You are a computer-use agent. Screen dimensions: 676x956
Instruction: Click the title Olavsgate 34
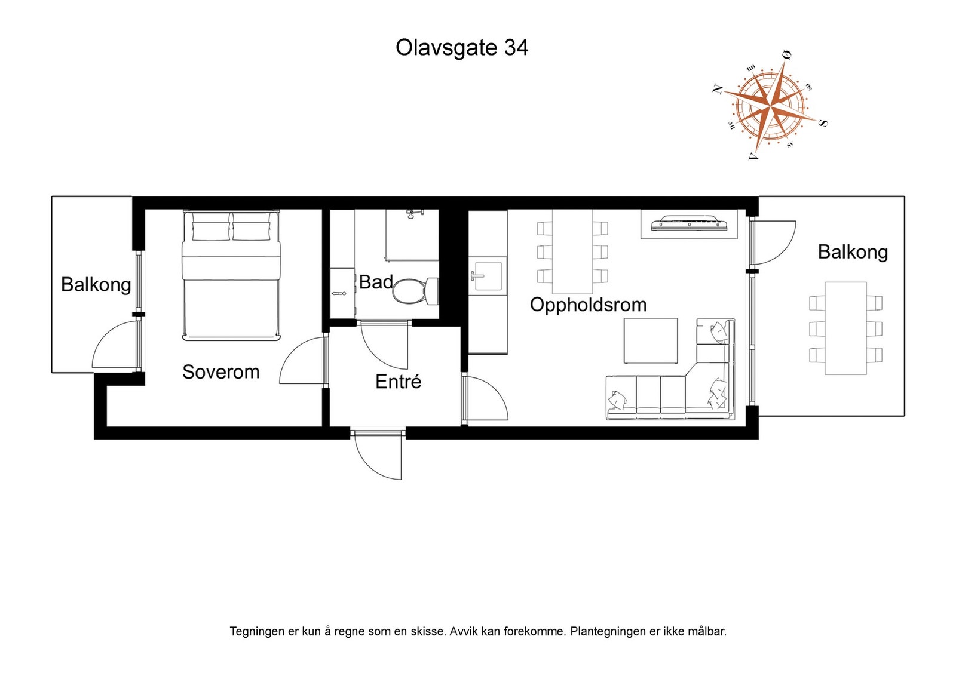[461, 48]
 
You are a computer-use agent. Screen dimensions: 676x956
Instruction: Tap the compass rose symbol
[770, 106]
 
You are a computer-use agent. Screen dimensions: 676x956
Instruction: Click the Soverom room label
[220, 372]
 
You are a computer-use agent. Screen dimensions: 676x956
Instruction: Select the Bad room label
[376, 282]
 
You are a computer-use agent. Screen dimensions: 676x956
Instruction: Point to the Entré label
[398, 382]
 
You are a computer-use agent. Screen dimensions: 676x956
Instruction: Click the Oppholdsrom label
[588, 305]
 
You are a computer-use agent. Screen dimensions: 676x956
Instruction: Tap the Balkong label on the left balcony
[96, 284]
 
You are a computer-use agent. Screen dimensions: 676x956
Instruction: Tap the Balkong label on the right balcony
[853, 252]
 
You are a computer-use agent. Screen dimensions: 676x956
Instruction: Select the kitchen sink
[487, 276]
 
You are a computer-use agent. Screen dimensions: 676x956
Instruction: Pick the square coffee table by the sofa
[651, 341]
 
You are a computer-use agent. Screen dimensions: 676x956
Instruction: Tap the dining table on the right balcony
[845, 328]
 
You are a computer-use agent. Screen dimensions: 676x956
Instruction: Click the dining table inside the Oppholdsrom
[572, 251]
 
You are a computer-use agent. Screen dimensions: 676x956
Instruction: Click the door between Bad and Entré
[384, 345]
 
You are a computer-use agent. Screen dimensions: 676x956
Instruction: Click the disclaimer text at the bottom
[478, 631]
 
